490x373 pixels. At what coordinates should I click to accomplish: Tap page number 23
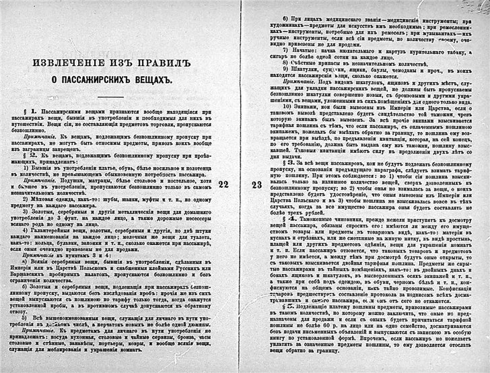(256, 183)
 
